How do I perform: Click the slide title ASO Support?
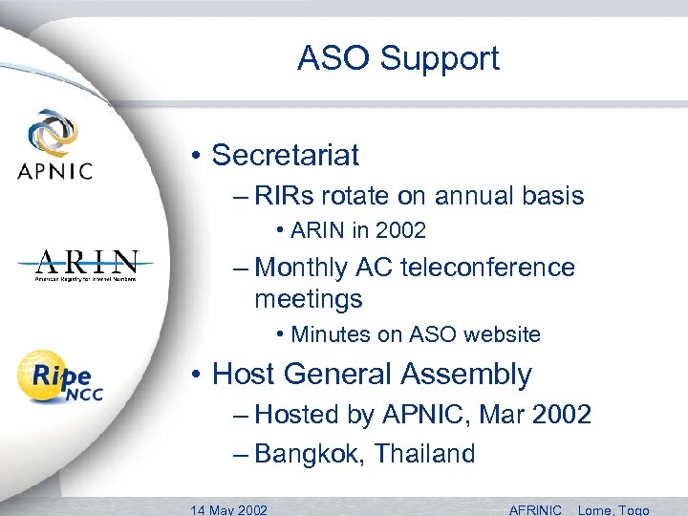pos(398,58)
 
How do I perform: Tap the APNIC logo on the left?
pos(54,145)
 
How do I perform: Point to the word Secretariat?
pos(285,154)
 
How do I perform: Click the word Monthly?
pos(303,268)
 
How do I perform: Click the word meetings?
pos(308,299)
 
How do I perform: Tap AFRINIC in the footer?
pos(535,509)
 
